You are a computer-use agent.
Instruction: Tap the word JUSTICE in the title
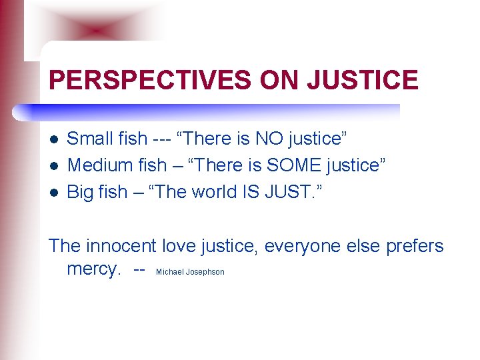click(x=363, y=81)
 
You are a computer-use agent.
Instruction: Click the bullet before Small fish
click(x=54, y=139)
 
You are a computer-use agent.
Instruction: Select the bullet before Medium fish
click(x=54, y=166)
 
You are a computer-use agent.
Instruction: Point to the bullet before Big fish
click(x=54, y=193)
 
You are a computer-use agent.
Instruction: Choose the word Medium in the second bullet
click(x=97, y=165)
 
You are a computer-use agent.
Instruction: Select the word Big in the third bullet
click(x=81, y=192)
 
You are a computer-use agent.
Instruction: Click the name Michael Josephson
click(x=190, y=272)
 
